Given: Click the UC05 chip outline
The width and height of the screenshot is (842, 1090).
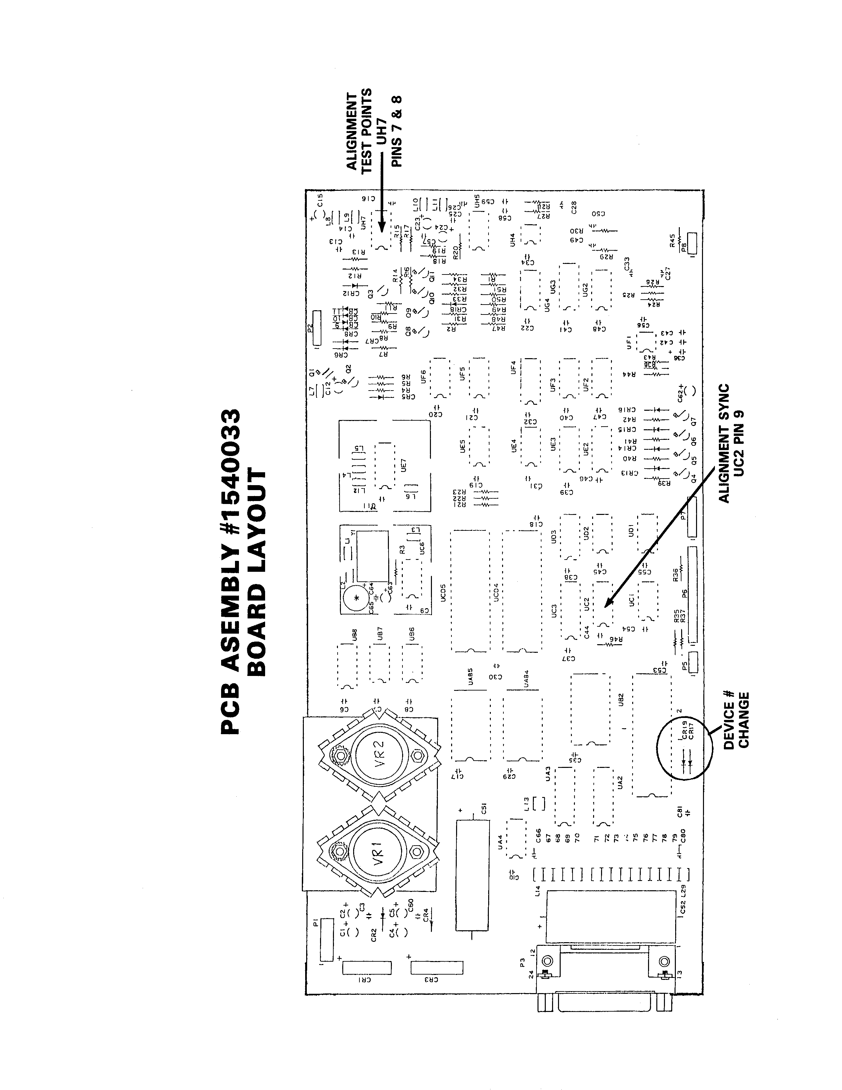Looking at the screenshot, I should pyautogui.click(x=470, y=591).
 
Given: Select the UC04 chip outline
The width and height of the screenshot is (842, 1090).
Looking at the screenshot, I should pyautogui.click(x=522, y=591).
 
